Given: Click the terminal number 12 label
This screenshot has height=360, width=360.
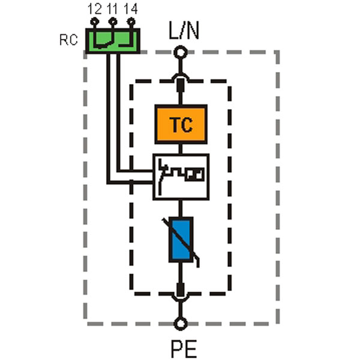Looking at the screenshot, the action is point(94,9).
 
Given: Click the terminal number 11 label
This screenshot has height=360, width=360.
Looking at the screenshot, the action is point(112,9).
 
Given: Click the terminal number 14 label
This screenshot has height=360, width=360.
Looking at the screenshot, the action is point(131,9).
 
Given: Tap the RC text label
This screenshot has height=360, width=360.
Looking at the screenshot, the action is point(68,40).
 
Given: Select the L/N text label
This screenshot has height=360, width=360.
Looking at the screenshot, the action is point(184,31).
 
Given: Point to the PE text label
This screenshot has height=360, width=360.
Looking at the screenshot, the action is point(184,349).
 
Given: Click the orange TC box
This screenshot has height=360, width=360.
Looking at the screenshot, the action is point(181,124).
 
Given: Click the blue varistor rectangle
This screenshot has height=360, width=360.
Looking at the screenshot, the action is point(181,239).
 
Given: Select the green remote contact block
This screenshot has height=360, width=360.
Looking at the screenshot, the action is point(113,41).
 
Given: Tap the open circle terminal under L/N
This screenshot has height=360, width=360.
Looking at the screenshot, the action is point(181,52).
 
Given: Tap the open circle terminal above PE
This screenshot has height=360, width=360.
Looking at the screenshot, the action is point(181,324).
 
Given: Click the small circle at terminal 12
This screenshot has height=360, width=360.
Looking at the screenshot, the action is point(94,22).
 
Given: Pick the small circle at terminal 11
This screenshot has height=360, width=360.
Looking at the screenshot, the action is point(113,22).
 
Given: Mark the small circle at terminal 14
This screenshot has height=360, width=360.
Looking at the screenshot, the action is point(131,22).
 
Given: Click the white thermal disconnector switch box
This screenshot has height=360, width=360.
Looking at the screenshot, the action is point(181,177).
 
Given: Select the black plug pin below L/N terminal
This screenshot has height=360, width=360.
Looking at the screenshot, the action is point(181,85).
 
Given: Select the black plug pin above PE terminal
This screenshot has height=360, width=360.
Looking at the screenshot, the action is point(181,290).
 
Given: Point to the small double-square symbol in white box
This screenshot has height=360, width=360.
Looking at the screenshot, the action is point(194,174).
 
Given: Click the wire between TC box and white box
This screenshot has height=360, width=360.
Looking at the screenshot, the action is point(181,149).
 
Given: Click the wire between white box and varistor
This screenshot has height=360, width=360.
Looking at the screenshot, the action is point(181,208).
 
